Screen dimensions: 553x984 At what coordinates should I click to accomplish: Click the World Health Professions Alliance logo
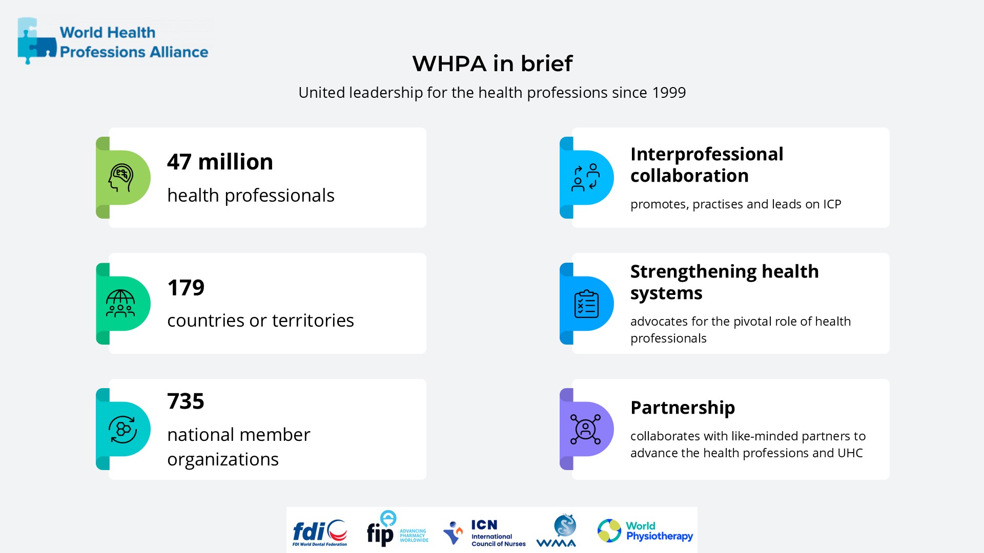point(113,41)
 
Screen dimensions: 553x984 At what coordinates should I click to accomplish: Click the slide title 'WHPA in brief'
point(492,63)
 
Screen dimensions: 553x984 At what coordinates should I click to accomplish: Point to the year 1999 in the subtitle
point(669,93)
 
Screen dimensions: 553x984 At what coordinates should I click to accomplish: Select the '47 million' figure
point(220,162)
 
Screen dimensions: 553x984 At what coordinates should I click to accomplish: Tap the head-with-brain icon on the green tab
point(121,178)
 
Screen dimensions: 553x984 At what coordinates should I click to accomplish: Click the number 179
point(186,288)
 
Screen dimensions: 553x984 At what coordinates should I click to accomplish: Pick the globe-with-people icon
point(120,304)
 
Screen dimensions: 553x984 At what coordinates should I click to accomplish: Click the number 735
point(186,401)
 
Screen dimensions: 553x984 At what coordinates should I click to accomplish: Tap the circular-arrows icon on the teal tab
point(122,429)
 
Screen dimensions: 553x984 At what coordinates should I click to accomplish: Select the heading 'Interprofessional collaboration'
point(706,165)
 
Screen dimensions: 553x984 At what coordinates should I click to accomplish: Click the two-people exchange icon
point(585,178)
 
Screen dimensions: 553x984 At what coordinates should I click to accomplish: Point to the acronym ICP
point(832,204)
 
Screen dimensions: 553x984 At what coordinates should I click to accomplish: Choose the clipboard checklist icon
point(586,304)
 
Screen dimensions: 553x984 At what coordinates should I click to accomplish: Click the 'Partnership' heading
point(682,408)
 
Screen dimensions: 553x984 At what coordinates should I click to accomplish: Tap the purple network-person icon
point(585,429)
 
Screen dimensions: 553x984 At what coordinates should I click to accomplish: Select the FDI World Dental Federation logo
point(320,533)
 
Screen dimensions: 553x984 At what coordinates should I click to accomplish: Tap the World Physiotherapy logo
point(645,531)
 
